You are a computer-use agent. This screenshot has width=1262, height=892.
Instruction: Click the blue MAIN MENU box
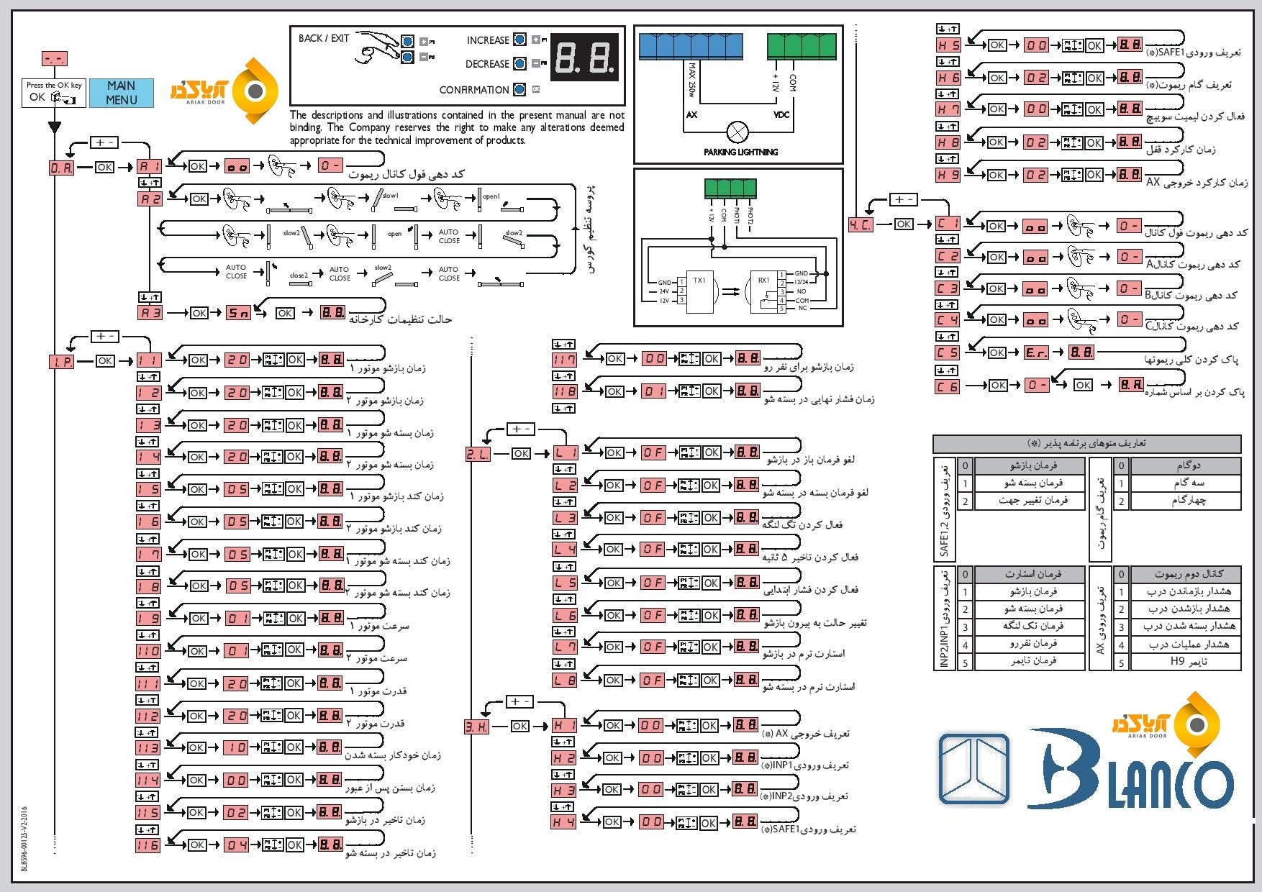[x=121, y=93]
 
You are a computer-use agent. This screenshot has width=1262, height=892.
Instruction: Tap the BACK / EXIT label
[x=323, y=38]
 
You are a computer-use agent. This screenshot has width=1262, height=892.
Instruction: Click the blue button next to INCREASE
[x=519, y=40]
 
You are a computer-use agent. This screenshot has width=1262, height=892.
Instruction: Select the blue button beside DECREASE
[x=519, y=63]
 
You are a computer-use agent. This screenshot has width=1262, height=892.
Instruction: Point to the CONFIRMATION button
[x=519, y=89]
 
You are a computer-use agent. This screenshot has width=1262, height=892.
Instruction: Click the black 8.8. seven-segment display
[x=584, y=57]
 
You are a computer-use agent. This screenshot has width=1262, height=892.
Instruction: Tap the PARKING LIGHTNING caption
[x=740, y=152]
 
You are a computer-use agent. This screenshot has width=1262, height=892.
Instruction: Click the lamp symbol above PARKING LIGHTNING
[x=737, y=132]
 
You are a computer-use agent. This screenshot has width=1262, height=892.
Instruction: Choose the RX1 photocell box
[x=764, y=292]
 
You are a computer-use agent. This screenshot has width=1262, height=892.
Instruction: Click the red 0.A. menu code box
[x=61, y=168]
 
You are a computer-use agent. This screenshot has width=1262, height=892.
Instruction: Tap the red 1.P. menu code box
[x=62, y=361]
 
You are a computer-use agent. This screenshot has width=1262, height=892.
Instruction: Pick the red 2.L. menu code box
[x=478, y=454]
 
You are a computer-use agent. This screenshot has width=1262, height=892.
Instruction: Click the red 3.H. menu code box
[x=476, y=727]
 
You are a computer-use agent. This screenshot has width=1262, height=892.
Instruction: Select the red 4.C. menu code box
[x=861, y=224]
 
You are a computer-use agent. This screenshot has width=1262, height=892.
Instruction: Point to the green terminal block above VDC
[x=802, y=46]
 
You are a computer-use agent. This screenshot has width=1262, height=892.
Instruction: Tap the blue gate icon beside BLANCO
[x=974, y=768]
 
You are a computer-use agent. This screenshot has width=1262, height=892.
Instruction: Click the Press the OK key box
[x=54, y=93]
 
